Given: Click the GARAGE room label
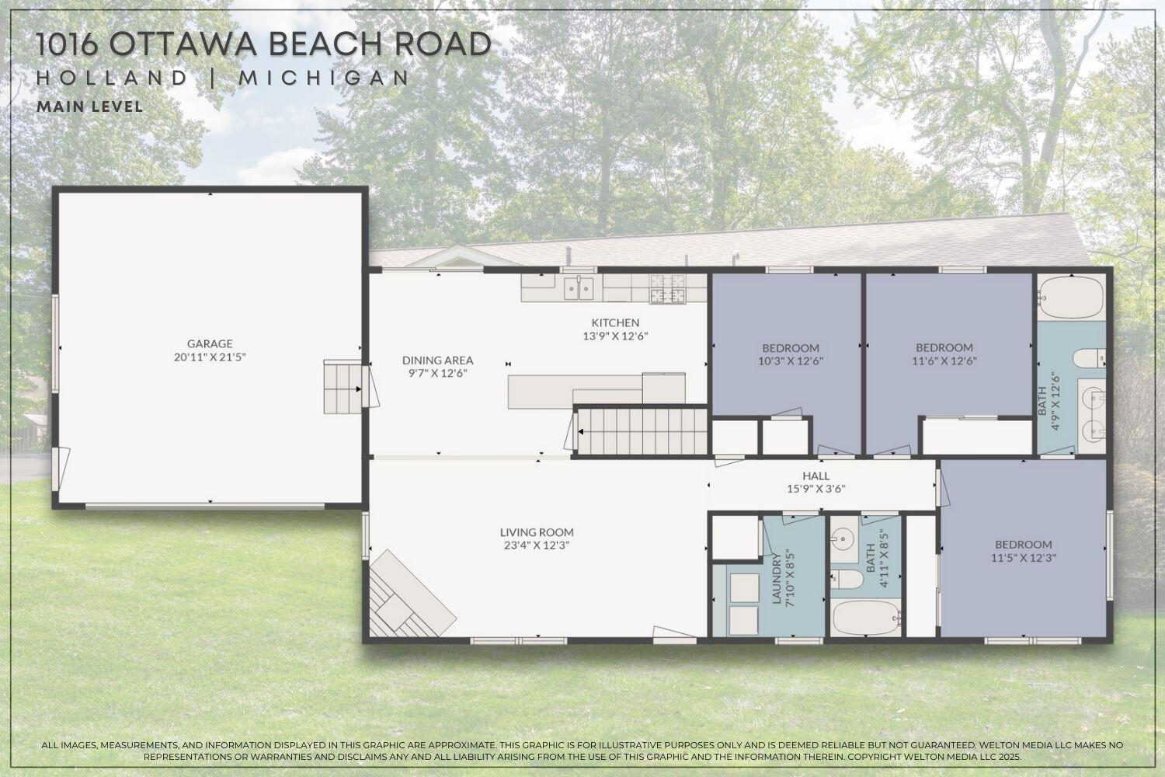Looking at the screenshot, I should (209, 343).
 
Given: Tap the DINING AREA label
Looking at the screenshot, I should (437, 360).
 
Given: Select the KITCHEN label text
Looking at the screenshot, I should (615, 322).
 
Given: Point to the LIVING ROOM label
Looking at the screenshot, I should (537, 532).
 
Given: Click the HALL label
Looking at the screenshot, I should (815, 476).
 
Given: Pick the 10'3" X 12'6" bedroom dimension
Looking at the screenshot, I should (790, 361).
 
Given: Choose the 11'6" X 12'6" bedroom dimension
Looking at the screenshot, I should (944, 361).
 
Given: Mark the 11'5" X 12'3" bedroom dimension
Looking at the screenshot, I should (1024, 557).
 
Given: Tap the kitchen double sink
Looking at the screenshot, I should (578, 288).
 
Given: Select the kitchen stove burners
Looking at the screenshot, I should (669, 288).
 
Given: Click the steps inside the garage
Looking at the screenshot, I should (343, 386).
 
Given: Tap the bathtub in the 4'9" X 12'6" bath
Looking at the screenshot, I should (1071, 299).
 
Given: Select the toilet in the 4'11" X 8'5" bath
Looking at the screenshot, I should (847, 579).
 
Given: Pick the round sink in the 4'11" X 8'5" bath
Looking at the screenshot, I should (842, 537).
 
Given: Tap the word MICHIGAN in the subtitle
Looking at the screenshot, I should (324, 78).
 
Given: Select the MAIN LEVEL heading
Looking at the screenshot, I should (90, 106).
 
